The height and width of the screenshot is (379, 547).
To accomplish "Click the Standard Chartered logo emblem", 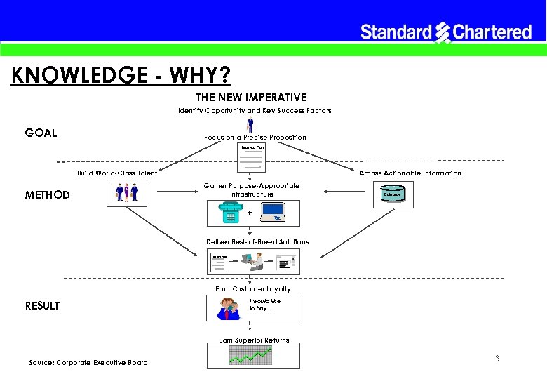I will tap(443, 32).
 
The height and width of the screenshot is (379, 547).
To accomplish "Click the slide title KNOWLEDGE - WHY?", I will tap(121, 74).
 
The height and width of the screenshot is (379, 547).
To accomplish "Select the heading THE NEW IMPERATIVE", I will tap(251, 97).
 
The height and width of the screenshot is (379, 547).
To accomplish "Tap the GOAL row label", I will tap(41, 133).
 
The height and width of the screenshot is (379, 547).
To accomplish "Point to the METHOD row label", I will tap(47, 194).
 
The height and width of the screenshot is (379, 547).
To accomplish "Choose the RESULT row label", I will tap(42, 305).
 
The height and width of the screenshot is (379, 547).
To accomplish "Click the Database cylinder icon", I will tap(392, 193).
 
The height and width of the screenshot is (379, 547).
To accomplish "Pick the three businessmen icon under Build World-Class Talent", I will tap(127, 193).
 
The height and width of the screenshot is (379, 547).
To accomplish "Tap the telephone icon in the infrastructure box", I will tap(229, 213).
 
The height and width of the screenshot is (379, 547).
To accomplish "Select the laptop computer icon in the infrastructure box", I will tap(274, 211).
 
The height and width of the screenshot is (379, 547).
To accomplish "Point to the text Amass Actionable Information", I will tap(410, 173).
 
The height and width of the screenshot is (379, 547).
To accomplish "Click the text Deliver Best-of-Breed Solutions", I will tap(257, 241).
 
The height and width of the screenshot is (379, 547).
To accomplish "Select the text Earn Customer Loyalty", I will tap(252, 288).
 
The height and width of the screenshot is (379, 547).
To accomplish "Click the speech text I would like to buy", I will tap(261, 305).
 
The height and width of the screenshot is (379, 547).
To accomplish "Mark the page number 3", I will tap(497, 359).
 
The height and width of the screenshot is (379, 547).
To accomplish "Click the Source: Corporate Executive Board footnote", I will tap(88, 362).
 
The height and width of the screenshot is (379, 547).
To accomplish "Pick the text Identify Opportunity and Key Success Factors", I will tap(255, 110).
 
